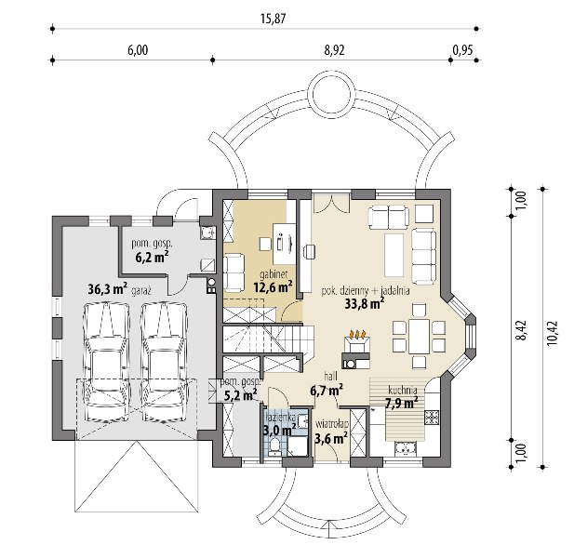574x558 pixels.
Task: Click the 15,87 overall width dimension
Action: click(274, 19)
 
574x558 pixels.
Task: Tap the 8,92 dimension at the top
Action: click(334, 50)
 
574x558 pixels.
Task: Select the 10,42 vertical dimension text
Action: click(553, 333)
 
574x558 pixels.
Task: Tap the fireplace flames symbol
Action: click(357, 335)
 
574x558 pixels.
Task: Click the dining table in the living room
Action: click(420, 336)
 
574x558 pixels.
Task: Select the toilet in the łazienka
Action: click(274, 448)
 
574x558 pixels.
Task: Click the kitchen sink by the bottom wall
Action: click(406, 449)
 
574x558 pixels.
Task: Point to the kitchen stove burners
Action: click(432, 418)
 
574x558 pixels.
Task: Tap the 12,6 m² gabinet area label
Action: click(273, 286)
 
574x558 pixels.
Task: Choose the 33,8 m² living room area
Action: click(365, 303)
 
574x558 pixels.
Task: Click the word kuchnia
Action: click(403, 390)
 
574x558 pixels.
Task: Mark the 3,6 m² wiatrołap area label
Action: click(331, 438)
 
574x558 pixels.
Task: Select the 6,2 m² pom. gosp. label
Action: click(152, 257)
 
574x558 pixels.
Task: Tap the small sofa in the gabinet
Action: click(234, 272)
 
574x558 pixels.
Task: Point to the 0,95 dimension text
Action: click(462, 50)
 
